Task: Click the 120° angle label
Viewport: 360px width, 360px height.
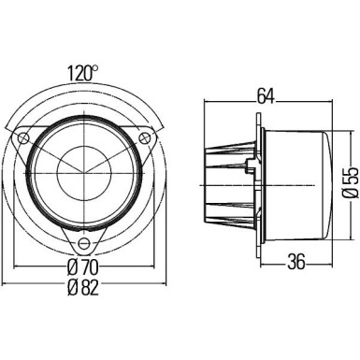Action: coord(81,71)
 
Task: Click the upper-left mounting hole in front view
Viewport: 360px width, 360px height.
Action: coord(22,137)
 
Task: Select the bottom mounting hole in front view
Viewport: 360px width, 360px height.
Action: coord(82,243)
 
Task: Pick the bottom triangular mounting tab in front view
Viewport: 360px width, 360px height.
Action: coord(82,239)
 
